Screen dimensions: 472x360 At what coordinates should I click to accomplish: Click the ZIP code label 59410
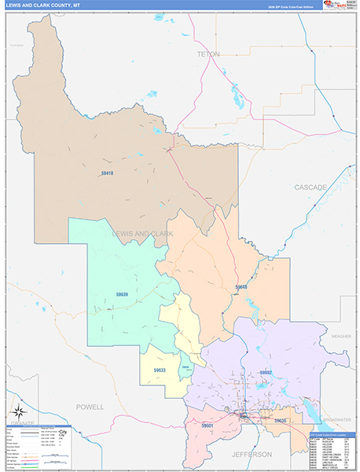tap(108, 173)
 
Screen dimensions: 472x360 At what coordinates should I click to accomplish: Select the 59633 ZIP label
tap(160, 370)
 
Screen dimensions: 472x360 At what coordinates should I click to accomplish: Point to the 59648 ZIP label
tap(241, 287)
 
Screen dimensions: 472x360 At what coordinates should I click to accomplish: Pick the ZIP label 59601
tap(207, 426)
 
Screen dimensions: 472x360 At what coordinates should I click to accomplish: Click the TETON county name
tap(209, 54)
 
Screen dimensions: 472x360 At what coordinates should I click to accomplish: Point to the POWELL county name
tap(90, 407)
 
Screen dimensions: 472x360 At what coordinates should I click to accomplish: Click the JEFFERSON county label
tap(252, 455)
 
